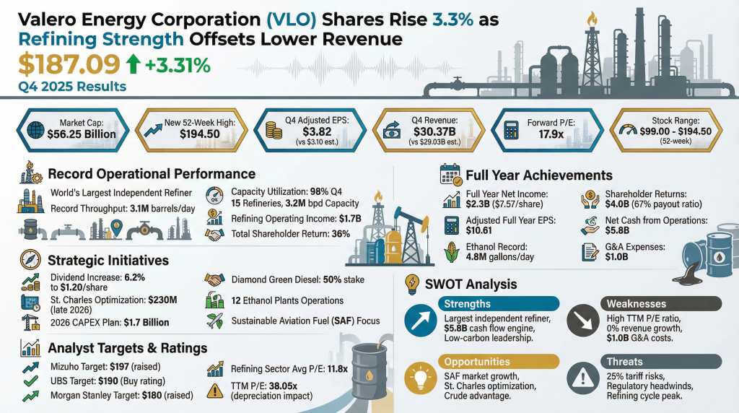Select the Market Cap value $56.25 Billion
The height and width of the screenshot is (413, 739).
click(80, 134)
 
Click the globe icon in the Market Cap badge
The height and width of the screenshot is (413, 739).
click(34, 130)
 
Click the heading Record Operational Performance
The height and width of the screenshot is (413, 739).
click(151, 174)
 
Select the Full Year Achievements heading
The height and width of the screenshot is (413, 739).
click(538, 175)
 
